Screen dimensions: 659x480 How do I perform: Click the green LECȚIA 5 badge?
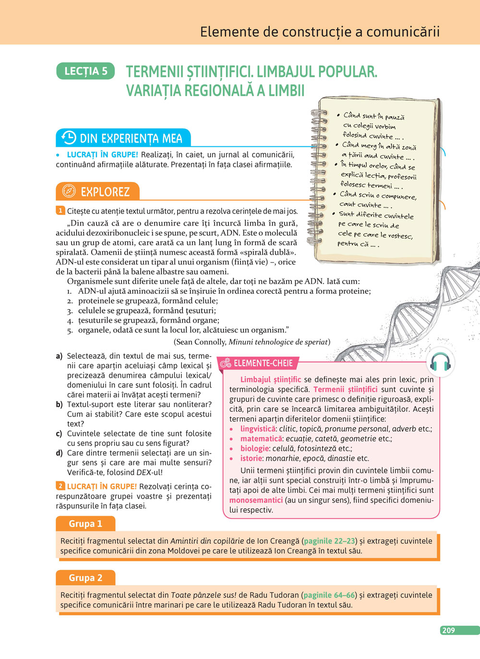85,71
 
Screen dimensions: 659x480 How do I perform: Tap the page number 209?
448,630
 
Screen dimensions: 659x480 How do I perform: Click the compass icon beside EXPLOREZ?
69,191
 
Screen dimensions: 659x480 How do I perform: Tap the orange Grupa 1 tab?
85,524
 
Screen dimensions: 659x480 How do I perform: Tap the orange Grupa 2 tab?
85,578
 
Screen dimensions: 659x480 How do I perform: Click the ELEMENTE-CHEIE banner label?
263,363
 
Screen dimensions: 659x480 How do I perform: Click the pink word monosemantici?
256,500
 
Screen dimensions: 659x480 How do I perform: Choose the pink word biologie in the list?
254,448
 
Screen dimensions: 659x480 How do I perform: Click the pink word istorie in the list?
251,458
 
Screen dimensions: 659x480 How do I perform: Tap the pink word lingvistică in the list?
258,429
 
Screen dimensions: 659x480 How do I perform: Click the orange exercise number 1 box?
60,210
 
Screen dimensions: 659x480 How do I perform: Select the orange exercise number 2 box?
60,486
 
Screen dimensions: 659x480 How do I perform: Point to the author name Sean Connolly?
202,342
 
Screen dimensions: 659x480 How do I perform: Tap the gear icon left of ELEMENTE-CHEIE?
226,363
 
